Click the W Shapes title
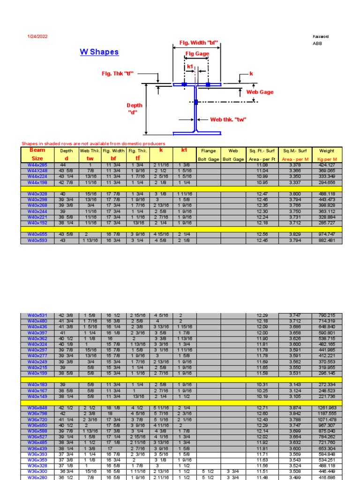[99, 52]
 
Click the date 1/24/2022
[38, 37]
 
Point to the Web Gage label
[260, 92]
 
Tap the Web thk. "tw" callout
[228, 120]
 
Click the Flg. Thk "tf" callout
[118, 74]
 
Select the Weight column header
[327, 155]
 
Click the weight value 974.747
[327, 234]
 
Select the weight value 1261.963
[327, 408]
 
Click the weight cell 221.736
[327, 396]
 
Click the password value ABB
[317, 44]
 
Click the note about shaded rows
[93, 143]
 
